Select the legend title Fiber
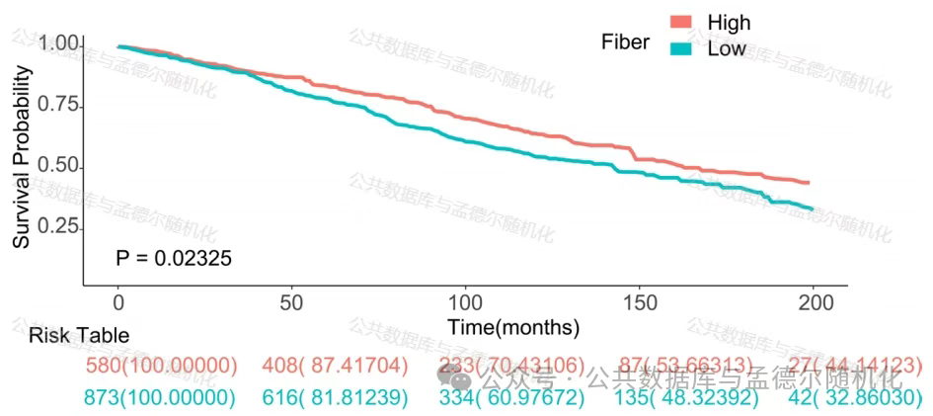coord(625,42)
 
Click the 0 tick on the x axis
coord(117,301)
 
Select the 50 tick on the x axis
coord(291,301)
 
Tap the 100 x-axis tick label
coord(464,301)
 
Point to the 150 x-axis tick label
coord(639,301)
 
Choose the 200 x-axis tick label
coord(813,301)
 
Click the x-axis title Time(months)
coord(512,326)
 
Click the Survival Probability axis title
coord(21,158)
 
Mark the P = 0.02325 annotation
coord(174,259)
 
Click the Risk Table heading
coord(79,336)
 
